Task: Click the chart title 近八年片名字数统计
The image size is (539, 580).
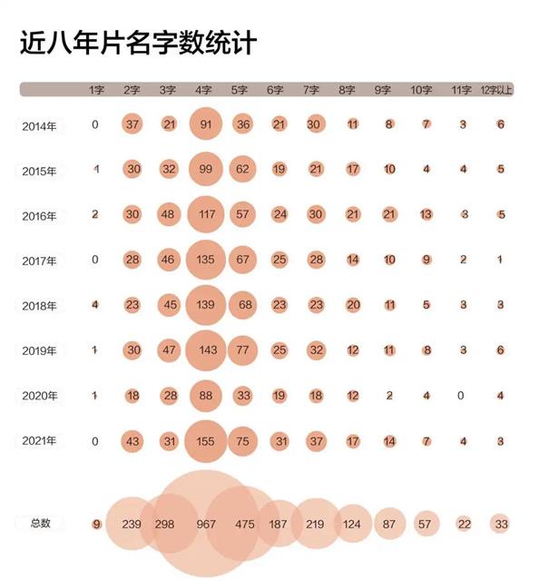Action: pyautogui.click(x=138, y=43)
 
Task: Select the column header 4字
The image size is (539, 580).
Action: pyautogui.click(x=203, y=90)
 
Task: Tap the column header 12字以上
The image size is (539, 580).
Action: pyautogui.click(x=496, y=90)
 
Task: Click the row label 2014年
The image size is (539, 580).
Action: pyautogui.click(x=39, y=126)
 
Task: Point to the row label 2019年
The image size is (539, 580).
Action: pyautogui.click(x=39, y=350)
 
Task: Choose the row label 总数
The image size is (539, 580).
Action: pyautogui.click(x=40, y=523)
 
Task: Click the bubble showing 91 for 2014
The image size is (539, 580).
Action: pyautogui.click(x=206, y=124)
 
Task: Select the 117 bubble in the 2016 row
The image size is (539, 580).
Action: pyautogui.click(x=206, y=214)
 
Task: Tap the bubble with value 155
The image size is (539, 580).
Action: pyautogui.click(x=206, y=441)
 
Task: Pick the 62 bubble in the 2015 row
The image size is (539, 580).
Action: pyautogui.click(x=242, y=169)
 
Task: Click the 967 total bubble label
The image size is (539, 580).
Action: pyautogui.click(x=206, y=524)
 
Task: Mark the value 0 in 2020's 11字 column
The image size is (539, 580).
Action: pyautogui.click(x=460, y=396)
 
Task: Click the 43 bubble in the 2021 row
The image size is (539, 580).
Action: pyautogui.click(x=132, y=441)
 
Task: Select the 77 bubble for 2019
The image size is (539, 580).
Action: pyautogui.click(x=242, y=350)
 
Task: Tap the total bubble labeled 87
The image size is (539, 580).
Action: pyautogui.click(x=389, y=524)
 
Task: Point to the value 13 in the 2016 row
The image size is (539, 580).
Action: pyautogui.click(x=426, y=214)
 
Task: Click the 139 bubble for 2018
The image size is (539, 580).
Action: pyautogui.click(x=206, y=305)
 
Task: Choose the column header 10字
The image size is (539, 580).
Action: pyautogui.click(x=421, y=90)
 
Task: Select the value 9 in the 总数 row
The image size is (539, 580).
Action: pyautogui.click(x=96, y=524)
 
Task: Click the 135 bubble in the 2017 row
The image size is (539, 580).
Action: pyautogui.click(x=206, y=260)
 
